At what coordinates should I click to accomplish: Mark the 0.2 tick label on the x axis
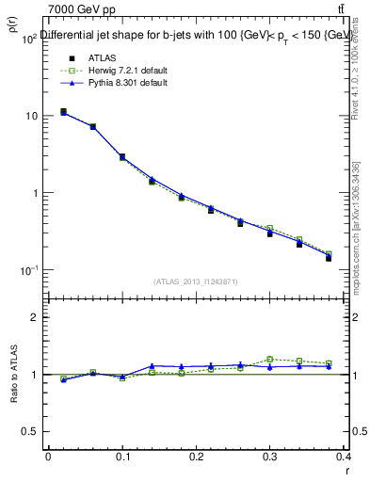point(197,458)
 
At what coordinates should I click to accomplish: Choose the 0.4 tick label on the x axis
point(345,458)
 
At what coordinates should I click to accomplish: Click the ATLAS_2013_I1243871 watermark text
point(197,281)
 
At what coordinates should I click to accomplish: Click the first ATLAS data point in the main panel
point(63,112)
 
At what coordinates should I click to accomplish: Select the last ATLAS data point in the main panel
point(329,257)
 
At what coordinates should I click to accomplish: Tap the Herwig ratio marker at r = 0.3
point(269,360)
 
